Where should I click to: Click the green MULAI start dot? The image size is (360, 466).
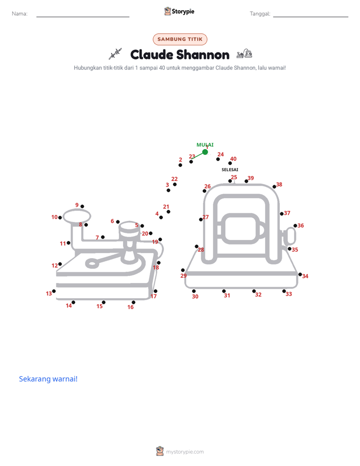pos(205,152)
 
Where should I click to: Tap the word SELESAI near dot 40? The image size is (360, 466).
pos(230,169)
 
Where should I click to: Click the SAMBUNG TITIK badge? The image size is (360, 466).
pos(180,39)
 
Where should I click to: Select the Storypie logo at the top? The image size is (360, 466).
pos(179,11)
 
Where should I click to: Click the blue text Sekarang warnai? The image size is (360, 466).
pos(48,379)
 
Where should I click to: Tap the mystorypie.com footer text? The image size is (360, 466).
pos(185,452)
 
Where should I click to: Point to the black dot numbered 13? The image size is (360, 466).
pos(54,292)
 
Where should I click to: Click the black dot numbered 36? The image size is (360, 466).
pos(295,226)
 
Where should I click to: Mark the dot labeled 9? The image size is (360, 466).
pos(82,206)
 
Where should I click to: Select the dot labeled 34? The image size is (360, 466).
pos(300,274)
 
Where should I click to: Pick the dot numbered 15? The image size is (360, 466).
pos(104,303)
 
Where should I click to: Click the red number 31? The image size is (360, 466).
pos(227,296)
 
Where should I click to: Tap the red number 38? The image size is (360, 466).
pos(279,185)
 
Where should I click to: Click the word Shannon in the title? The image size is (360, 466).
pos(203,54)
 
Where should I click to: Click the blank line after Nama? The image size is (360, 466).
pos(83,17)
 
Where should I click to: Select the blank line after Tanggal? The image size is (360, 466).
pos(311,17)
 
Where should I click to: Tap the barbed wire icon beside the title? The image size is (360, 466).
pos(115,53)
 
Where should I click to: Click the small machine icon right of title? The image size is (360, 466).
pos(245,54)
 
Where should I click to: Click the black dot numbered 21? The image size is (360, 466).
pos(168,212)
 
